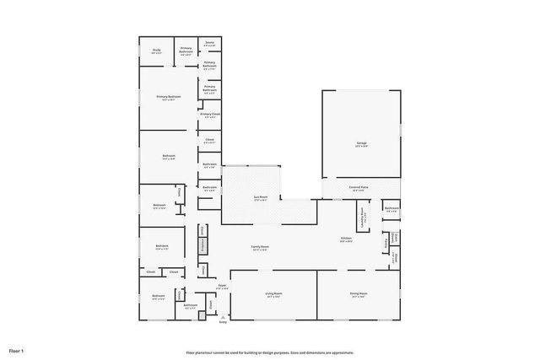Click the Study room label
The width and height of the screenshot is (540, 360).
click(x=156, y=51)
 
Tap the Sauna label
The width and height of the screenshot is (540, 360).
click(x=209, y=43)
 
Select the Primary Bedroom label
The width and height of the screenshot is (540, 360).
click(x=169, y=98)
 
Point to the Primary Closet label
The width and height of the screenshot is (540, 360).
click(x=210, y=115)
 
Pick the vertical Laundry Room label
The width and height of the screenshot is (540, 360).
click(x=363, y=215)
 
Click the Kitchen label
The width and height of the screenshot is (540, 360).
click(x=346, y=239)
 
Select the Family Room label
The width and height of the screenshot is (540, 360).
click(x=260, y=247)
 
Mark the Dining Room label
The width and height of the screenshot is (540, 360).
click(x=359, y=294)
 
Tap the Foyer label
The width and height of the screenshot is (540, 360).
click(x=223, y=287)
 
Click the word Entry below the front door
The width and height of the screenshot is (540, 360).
click(x=223, y=323)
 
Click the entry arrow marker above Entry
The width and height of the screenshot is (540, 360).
click(x=223, y=315)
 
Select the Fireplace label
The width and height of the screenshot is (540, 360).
click(x=202, y=244)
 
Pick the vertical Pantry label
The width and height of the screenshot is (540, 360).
click(x=385, y=242)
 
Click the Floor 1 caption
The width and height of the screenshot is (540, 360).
click(x=17, y=350)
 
